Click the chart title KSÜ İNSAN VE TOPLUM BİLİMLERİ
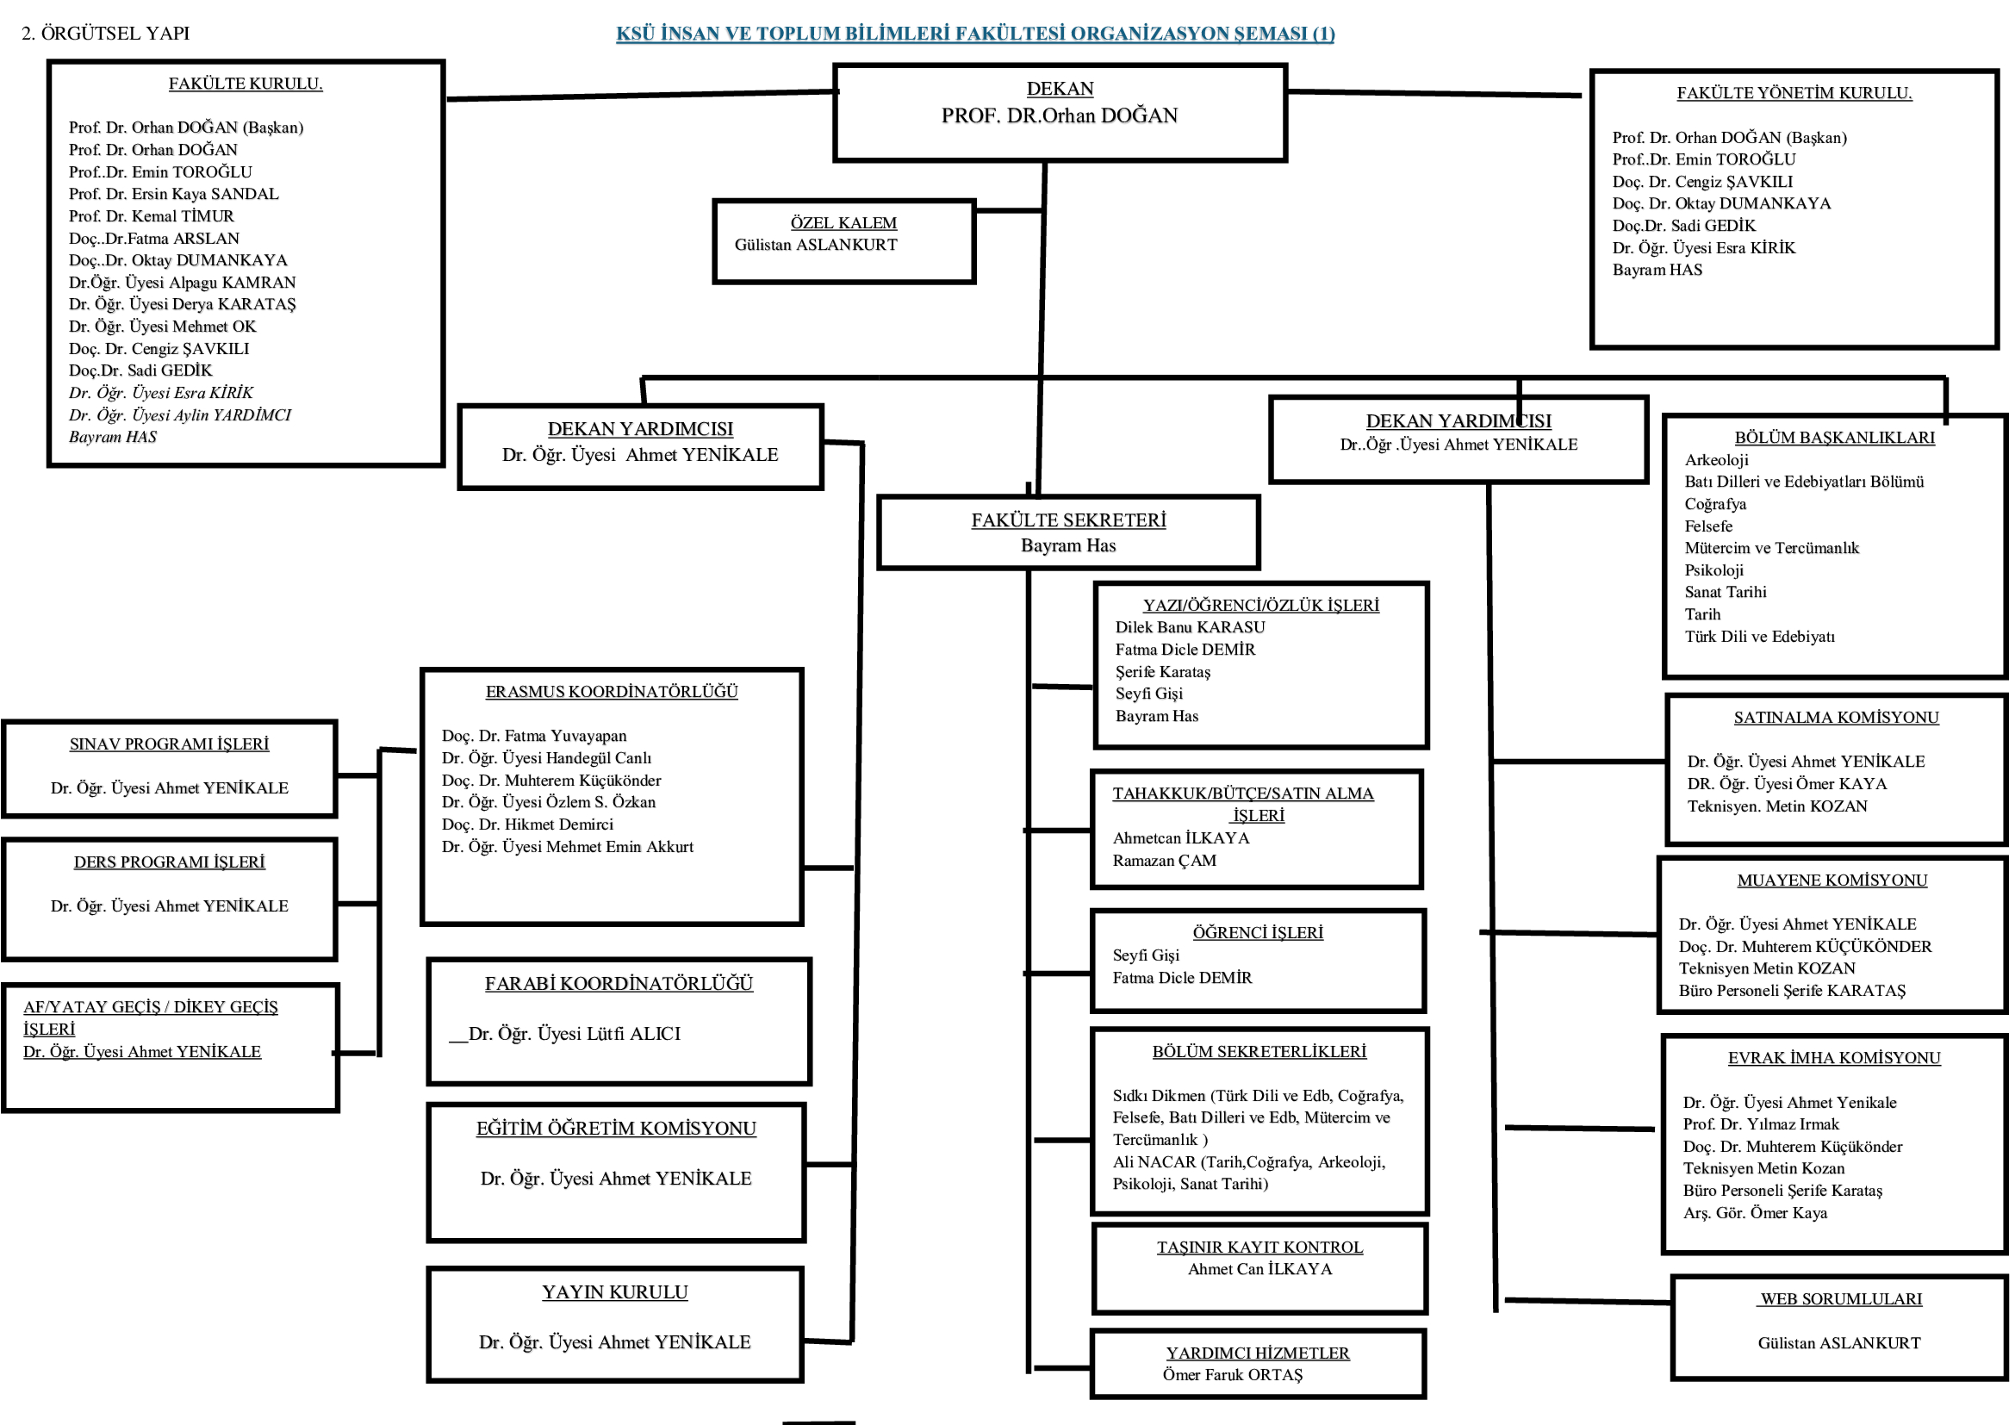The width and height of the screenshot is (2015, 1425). point(974,34)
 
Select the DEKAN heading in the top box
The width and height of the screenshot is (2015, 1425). point(1060,89)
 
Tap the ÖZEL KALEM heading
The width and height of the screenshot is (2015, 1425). point(843,223)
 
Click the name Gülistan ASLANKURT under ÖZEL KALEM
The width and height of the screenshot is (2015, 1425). point(815,245)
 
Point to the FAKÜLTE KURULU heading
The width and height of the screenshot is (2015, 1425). point(246,84)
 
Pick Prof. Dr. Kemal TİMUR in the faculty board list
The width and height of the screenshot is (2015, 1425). point(151,216)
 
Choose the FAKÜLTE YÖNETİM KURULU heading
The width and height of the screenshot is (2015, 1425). point(1793,93)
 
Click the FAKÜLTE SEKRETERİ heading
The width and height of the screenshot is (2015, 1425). point(1068,520)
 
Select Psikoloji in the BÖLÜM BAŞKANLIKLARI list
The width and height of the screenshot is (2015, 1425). point(1713,570)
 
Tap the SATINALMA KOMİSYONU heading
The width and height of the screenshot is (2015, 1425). point(1835,718)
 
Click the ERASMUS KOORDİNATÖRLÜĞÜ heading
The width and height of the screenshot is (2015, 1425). point(611,693)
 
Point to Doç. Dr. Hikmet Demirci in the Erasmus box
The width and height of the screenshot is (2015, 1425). point(526,825)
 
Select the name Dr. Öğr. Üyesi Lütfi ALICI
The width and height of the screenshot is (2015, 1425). point(574,1035)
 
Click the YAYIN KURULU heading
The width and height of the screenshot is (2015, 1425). point(614,1292)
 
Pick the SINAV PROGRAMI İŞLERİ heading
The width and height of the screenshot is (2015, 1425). point(169,744)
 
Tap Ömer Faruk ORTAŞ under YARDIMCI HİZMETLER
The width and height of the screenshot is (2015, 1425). point(1232,1375)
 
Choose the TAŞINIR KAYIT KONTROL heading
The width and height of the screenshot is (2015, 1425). point(1259,1248)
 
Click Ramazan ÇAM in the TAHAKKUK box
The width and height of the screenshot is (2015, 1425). point(1164,861)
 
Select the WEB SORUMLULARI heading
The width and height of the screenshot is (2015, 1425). point(1840,1299)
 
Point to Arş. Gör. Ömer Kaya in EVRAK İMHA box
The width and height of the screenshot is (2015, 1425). point(1754,1214)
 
